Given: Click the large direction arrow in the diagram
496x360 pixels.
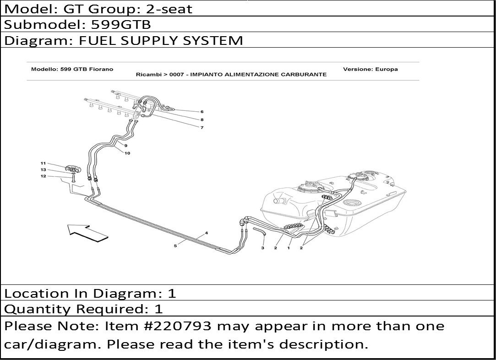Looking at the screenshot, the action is (87, 233).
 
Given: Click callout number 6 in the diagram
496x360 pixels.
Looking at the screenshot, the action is (202, 112).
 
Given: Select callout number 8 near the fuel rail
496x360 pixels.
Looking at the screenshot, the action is (202, 120).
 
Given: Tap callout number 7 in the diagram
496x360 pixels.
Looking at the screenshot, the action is (202, 128).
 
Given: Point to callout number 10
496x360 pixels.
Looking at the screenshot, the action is (127, 153).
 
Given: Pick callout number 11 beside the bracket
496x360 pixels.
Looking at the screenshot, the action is (44, 163).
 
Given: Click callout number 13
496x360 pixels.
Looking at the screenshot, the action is (44, 169).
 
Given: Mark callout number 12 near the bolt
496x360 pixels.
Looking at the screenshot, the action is (44, 176).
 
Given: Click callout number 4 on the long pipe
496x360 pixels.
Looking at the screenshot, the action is (207, 233).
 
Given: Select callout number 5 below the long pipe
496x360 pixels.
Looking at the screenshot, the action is (175, 246).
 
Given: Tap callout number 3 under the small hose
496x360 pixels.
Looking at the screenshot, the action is (262, 248).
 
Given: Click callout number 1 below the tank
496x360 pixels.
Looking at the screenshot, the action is (289, 248).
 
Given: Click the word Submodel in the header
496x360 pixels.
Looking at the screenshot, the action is (45, 24).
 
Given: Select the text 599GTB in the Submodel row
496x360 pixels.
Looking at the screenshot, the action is (121, 24).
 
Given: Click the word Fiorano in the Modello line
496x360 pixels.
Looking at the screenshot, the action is (103, 69).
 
